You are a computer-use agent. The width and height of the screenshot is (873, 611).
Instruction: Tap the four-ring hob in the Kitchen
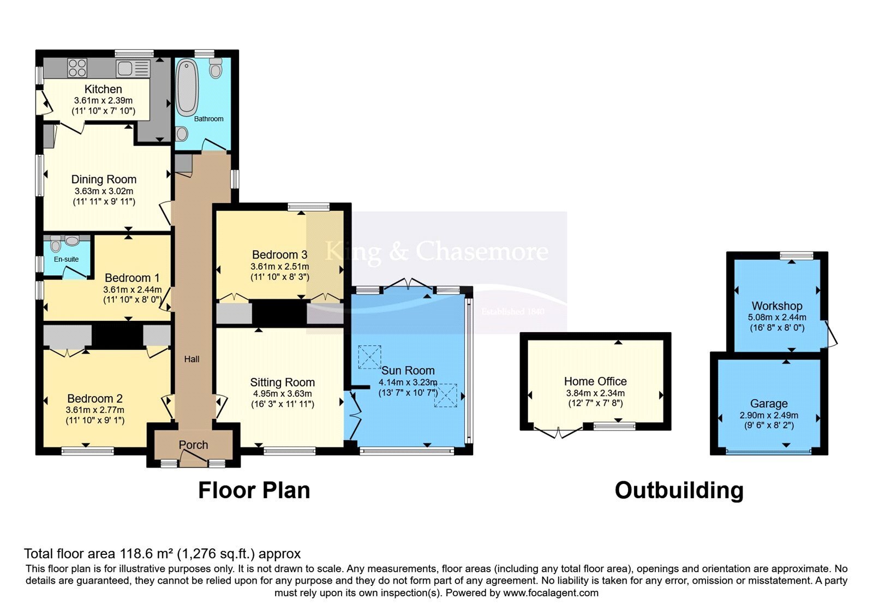77,68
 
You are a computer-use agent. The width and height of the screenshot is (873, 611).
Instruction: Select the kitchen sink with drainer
133,69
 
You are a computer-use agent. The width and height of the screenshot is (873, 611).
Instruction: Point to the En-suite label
66,259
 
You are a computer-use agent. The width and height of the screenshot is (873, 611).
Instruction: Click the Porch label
193,445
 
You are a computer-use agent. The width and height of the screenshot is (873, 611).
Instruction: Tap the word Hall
192,359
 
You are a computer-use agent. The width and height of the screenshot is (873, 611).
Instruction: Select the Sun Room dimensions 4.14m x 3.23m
408,382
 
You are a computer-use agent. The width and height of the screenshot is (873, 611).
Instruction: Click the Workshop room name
777,306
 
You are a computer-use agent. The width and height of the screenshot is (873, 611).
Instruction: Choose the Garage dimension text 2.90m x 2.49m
769,415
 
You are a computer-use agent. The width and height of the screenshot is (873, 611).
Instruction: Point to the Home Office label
595,381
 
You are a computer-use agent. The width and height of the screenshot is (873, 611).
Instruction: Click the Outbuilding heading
679,490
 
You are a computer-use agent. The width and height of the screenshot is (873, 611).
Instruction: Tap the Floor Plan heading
254,490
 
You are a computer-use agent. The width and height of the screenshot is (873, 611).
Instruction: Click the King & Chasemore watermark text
437,251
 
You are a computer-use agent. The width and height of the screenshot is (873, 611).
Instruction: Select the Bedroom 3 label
280,254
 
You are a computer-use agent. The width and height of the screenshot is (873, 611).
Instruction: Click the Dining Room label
104,179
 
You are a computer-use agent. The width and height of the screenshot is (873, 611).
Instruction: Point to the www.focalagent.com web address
551,593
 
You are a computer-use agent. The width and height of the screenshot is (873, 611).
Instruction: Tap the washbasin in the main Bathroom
181,134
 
